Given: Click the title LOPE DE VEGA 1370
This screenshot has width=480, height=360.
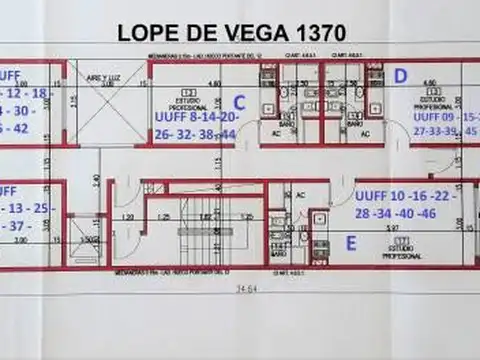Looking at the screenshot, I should pyautogui.click(x=231, y=31).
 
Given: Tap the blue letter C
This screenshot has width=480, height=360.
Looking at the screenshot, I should pyautogui.click(x=239, y=101).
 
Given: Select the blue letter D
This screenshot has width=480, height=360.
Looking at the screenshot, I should pyautogui.click(x=400, y=75).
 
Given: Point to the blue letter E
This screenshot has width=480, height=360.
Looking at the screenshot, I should pyautogui.click(x=350, y=242).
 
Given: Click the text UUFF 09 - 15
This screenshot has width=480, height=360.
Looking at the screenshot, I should pyautogui.click(x=446, y=116).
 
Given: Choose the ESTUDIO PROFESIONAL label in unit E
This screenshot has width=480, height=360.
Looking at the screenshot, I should pyautogui.click(x=402, y=250).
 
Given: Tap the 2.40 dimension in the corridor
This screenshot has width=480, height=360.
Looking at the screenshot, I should pyautogui.click(x=96, y=180).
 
